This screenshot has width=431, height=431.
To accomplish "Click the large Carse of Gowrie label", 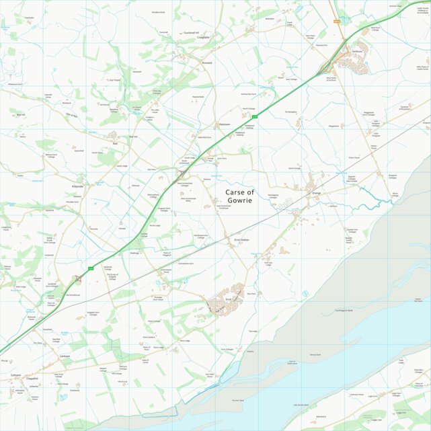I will pos(239,196).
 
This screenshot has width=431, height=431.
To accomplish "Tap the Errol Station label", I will pos(241,240).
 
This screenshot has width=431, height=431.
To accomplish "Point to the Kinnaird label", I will pos(207,63).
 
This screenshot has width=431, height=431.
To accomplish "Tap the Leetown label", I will pos(65,356).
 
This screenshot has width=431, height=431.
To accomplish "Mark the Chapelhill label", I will pos(32,379).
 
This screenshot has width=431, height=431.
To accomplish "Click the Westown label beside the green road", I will pos(225,124).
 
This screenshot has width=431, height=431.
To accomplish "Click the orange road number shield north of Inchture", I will pos(336,22).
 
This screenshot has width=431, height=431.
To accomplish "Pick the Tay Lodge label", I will pos(253,331).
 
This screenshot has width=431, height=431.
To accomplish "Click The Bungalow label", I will pos(290,112).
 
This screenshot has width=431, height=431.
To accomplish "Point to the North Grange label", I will pos(294,168).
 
